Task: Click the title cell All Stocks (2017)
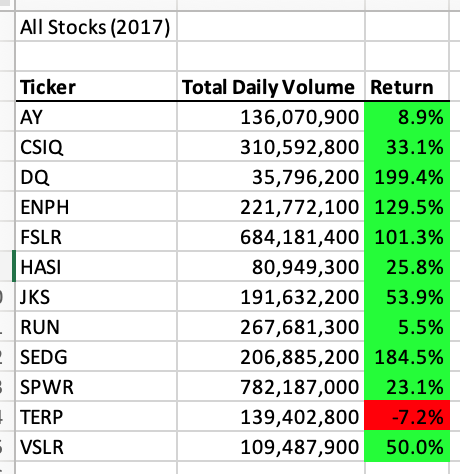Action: point(95,27)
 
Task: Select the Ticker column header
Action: point(47,88)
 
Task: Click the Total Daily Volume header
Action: point(268,88)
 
